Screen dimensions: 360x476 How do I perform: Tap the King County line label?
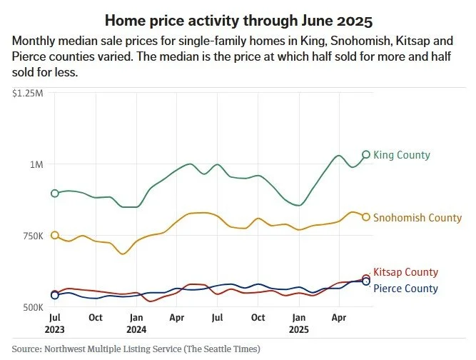402,155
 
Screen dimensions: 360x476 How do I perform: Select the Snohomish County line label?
417,217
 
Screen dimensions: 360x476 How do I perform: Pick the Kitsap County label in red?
405,272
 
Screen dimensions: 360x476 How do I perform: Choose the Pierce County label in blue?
405,289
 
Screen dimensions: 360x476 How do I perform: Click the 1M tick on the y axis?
36,164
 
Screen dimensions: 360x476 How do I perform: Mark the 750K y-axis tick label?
31,236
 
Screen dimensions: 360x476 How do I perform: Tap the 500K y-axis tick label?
31,307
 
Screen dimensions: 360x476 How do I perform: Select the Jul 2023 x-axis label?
55,323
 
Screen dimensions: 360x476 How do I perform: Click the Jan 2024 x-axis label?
136,323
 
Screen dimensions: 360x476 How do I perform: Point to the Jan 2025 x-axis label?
298,323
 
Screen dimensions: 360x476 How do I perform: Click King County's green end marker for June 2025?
366,154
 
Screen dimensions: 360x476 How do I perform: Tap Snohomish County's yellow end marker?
366,217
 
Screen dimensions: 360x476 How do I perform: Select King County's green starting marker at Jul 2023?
55,194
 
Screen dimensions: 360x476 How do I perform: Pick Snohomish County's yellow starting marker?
55,236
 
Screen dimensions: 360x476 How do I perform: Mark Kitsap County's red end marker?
366,278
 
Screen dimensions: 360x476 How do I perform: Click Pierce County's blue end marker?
366,282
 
